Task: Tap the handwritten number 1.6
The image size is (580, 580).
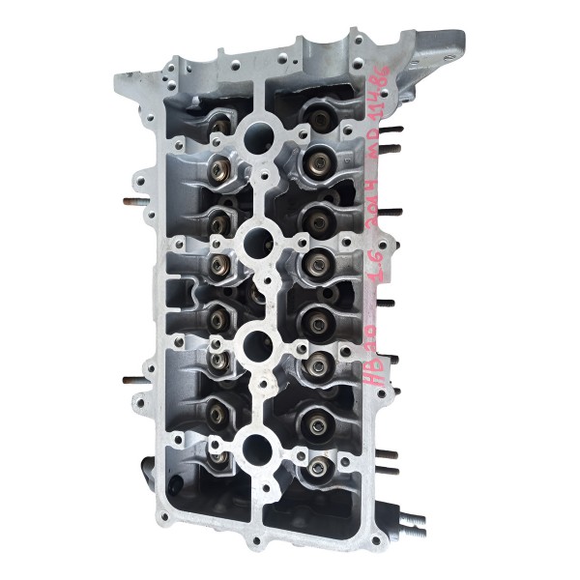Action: (383, 291)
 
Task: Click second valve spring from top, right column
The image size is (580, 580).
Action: (315, 161)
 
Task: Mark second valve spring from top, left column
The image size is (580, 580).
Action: (217, 170)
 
